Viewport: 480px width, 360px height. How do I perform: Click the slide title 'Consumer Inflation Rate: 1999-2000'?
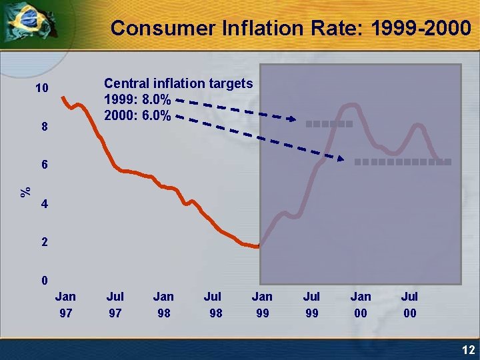[x=290, y=28]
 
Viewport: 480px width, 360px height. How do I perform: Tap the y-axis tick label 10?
[x=42, y=89]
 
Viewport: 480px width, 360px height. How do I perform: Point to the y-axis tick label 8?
[x=44, y=127]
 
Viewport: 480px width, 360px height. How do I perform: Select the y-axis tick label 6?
[x=44, y=165]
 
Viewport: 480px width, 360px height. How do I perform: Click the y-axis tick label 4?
[x=44, y=204]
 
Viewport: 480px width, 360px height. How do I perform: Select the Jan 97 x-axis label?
[x=65, y=304]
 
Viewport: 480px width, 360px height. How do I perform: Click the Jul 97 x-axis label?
[x=115, y=304]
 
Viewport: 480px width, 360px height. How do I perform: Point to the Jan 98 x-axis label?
[x=163, y=304]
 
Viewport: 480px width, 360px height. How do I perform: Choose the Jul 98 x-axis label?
[x=213, y=304]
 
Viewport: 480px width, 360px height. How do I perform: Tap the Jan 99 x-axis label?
[x=263, y=304]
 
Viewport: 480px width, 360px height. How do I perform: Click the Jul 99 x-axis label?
[x=311, y=304]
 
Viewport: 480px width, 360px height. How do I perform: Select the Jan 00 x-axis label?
[x=361, y=304]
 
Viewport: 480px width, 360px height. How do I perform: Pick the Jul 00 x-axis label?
[x=410, y=304]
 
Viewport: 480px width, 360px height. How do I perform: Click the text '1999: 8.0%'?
[x=137, y=100]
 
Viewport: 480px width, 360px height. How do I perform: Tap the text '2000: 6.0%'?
[x=137, y=116]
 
